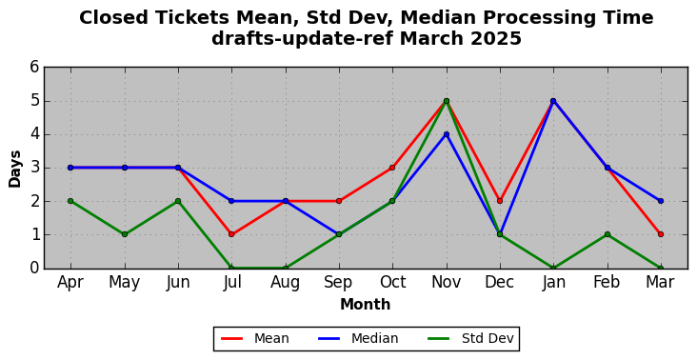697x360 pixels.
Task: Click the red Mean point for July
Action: click(231, 234)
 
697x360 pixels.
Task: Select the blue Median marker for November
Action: click(447, 134)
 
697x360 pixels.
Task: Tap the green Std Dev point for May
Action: click(125, 234)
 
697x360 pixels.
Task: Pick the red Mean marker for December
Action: click(500, 201)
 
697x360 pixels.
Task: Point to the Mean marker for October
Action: click(392, 168)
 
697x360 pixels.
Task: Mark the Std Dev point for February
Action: click(607, 234)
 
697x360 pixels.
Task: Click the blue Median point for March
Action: click(661, 201)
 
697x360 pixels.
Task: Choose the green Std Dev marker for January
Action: click(553, 268)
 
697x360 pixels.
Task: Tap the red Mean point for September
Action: click(339, 201)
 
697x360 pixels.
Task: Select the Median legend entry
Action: click(358, 339)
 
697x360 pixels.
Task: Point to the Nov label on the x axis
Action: click(447, 282)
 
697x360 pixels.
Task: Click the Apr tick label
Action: click(70, 283)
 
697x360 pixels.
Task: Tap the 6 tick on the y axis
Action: click(34, 68)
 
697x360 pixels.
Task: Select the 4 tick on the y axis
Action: click(34, 134)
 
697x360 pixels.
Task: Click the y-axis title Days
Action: click(14, 169)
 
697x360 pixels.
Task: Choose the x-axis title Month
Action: click(366, 305)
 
